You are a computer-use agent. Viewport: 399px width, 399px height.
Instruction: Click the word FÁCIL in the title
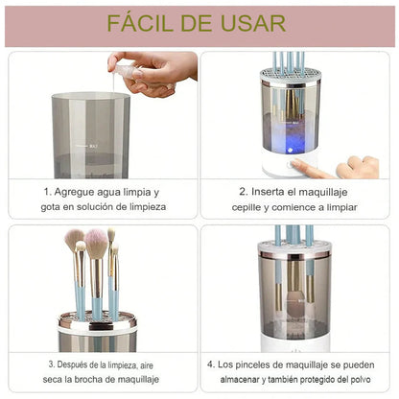151,23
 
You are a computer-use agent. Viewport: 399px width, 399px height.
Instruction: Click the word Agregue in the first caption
85,191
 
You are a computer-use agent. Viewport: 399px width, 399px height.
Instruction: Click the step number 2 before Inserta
242,191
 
